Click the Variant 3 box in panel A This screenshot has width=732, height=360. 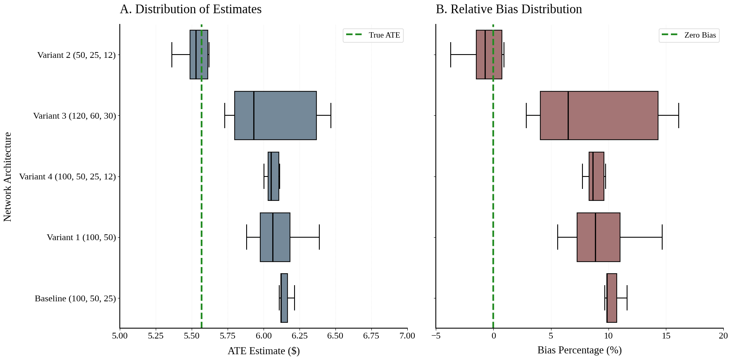tap(276, 115)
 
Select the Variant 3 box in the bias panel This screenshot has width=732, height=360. tap(599, 115)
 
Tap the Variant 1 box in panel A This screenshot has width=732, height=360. tap(275, 237)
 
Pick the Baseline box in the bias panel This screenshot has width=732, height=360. tap(612, 298)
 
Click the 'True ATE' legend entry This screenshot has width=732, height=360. tap(373, 35)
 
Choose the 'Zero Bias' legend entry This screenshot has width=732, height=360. tap(689, 35)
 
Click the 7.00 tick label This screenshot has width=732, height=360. tap(407, 336)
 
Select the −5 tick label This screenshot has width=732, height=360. tap(436, 336)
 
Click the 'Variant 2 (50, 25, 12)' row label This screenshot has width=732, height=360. tap(76, 55)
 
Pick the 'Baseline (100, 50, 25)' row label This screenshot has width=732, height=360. tap(75, 298)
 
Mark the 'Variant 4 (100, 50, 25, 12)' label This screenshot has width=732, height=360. tap(67, 176)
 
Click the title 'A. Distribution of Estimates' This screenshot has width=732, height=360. tap(190, 9)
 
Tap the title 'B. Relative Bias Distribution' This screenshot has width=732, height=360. tap(509, 9)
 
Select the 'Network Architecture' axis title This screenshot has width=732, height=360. tap(7, 176)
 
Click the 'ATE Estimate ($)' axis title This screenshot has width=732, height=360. tap(264, 351)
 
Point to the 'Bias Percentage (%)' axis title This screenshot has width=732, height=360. tap(579, 350)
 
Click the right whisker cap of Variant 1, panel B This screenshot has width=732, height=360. tap(662, 237)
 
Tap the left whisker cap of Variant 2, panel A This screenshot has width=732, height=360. tap(172, 55)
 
